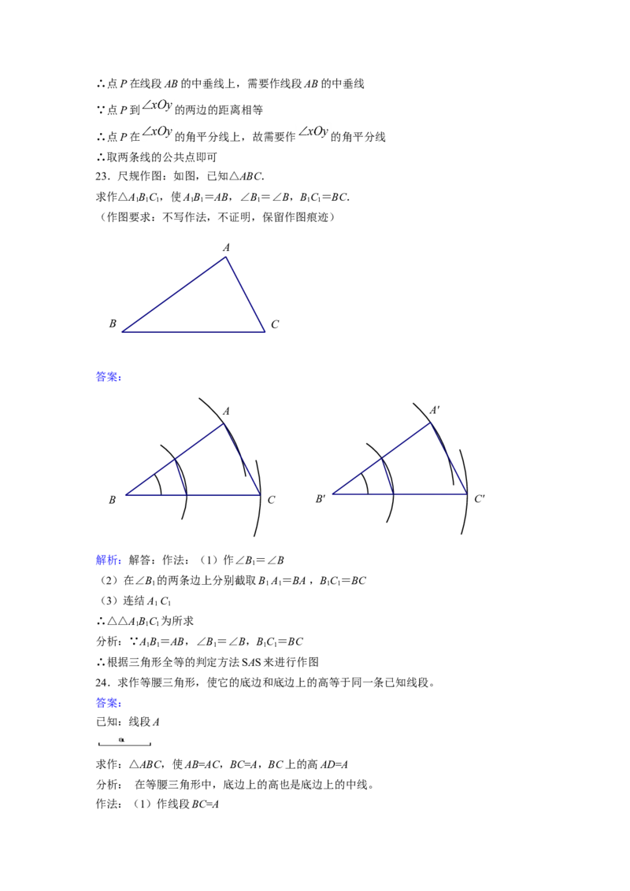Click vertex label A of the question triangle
[226, 248]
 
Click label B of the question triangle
[113, 323]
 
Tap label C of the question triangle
[275, 324]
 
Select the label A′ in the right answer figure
[435, 410]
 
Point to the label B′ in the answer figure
[320, 499]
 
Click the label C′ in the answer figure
[480, 499]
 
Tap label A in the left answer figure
[226, 411]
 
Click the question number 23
[102, 177]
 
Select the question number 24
[102, 682]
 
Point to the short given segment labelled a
[124, 744]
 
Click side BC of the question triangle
[193, 332]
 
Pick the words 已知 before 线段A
[107, 723]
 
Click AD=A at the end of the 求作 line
[334, 765]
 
